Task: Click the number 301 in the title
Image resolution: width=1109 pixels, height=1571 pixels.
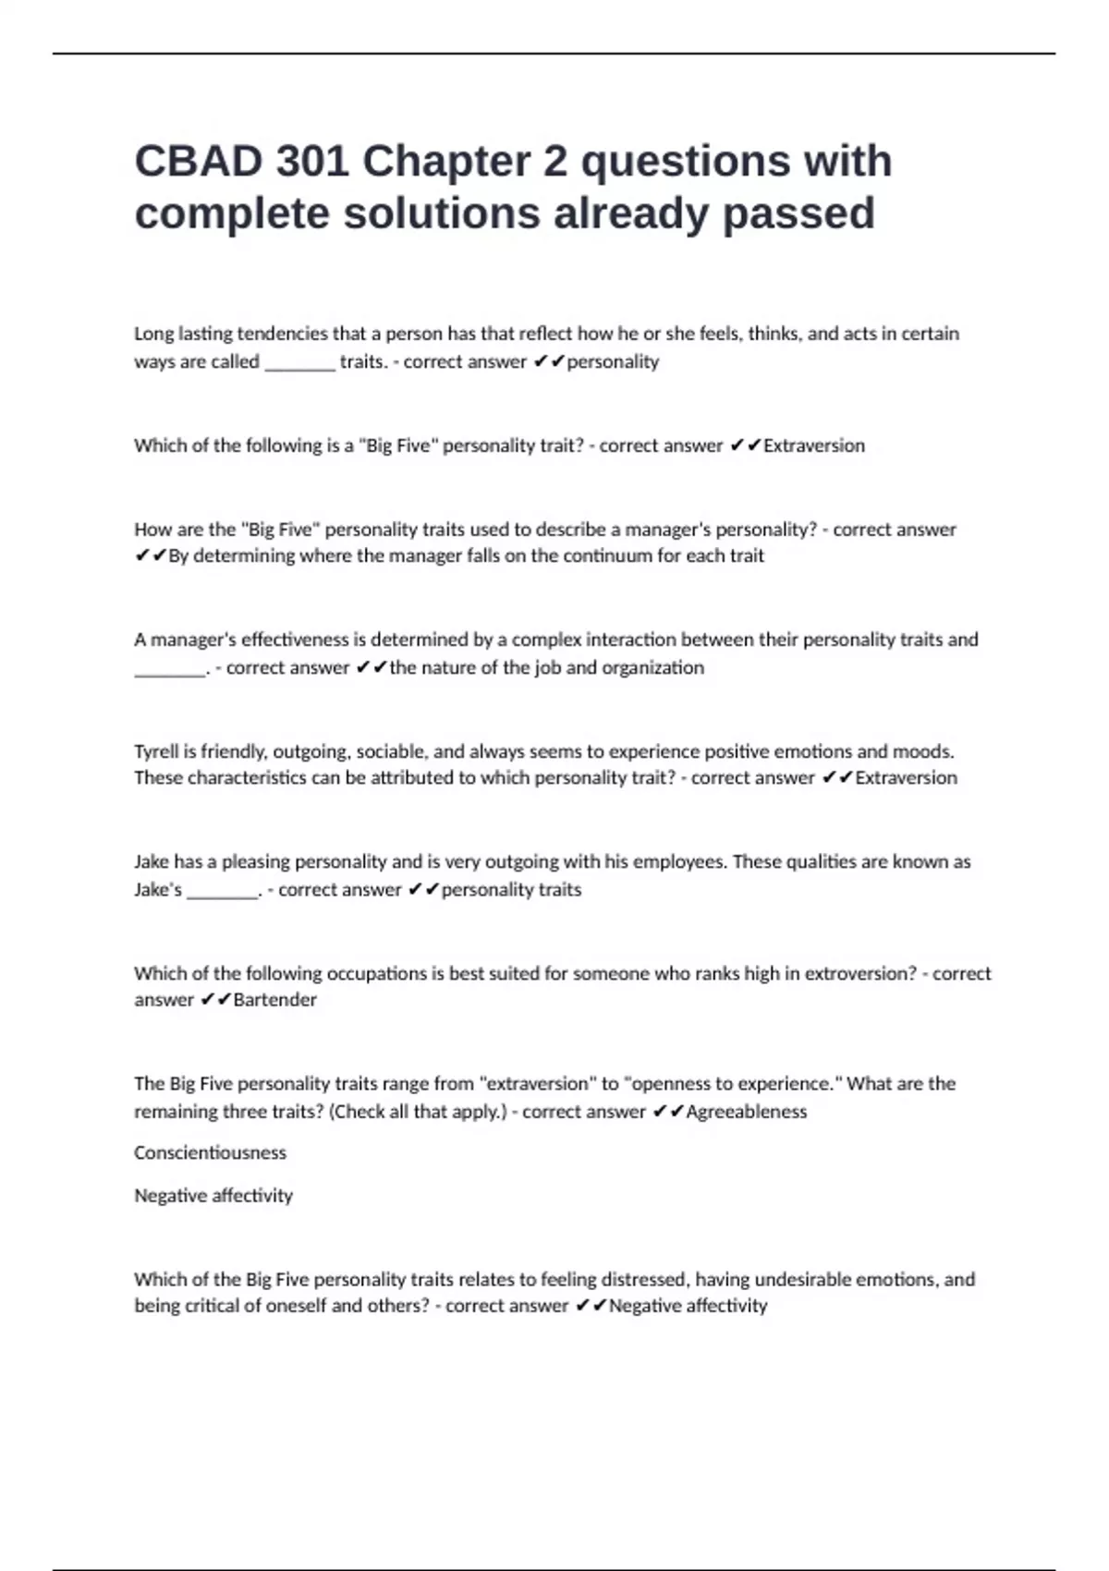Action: point(311,162)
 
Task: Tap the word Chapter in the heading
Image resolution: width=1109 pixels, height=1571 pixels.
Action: point(451,162)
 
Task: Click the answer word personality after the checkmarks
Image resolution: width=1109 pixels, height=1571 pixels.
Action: point(613,361)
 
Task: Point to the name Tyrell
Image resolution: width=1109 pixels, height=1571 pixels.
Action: point(156,751)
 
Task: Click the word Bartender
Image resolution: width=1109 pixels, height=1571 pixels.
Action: point(274,999)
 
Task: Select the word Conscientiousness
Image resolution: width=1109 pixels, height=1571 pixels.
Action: point(210,1152)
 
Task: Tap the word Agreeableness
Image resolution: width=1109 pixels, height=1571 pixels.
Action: point(746,1111)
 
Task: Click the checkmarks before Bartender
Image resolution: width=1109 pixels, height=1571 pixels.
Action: point(215,999)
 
